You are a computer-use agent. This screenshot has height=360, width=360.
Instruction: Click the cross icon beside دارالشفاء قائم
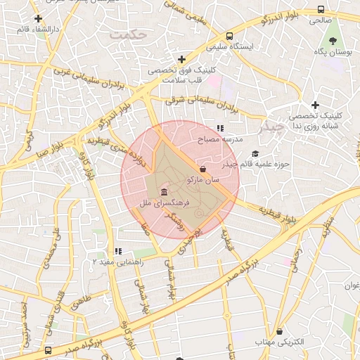click(38, 18)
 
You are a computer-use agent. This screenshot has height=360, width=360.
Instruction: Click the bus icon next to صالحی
click(321, 10)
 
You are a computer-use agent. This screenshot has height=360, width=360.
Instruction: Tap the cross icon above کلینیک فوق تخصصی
click(182, 59)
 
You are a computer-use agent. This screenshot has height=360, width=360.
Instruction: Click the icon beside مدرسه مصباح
click(221, 129)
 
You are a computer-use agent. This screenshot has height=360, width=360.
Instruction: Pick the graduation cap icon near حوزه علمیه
click(255, 153)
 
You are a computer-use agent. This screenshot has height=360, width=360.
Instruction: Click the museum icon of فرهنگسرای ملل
click(163, 193)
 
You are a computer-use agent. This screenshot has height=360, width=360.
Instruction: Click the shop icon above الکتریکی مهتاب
click(280, 330)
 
